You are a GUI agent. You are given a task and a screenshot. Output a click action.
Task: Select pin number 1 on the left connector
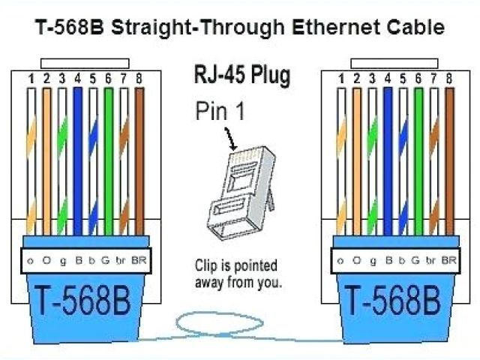tap(31, 78)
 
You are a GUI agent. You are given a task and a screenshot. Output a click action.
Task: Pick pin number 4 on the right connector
tap(388, 77)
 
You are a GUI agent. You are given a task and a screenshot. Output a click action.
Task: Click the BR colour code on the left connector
tap(139, 261)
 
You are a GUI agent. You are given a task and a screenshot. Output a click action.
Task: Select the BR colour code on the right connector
tap(449, 261)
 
